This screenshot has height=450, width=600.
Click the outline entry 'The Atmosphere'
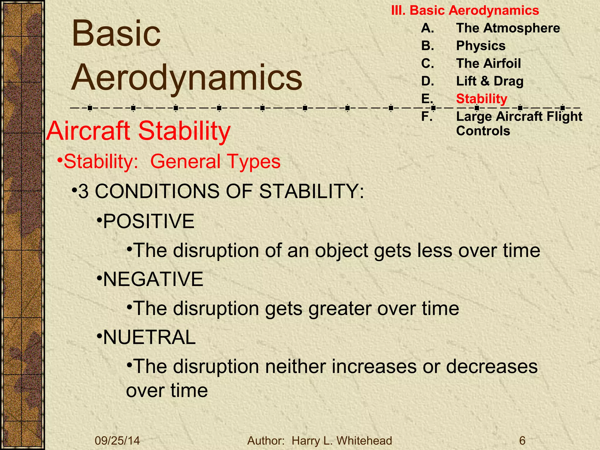(x=508, y=28)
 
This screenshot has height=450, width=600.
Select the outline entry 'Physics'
(x=481, y=46)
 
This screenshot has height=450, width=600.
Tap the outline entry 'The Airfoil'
(x=488, y=64)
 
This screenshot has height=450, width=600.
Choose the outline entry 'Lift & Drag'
(x=490, y=81)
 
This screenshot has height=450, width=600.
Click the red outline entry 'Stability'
(x=481, y=99)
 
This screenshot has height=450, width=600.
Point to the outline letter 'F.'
(x=427, y=117)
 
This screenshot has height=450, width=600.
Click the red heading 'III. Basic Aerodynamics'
(x=465, y=11)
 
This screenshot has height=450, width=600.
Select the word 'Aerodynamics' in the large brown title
(x=187, y=77)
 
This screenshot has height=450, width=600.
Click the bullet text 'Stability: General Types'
(x=172, y=161)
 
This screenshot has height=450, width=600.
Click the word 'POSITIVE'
(x=149, y=221)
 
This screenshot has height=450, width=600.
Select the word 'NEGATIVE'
(x=153, y=279)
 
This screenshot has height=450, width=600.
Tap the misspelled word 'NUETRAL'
(x=149, y=337)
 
